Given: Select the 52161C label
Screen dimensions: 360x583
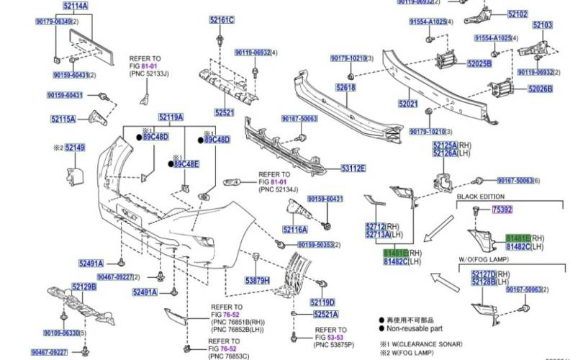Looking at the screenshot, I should click(222, 19).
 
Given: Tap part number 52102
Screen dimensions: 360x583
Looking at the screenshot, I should click(518, 14).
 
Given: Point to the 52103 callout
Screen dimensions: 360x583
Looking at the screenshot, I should click(543, 25).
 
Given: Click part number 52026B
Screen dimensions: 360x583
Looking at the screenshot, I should click(540, 89).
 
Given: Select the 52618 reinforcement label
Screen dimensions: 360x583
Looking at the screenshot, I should click(345, 88).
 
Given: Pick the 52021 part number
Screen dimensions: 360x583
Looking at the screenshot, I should click(408, 104).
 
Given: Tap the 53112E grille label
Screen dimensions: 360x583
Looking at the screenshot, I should click(353, 168).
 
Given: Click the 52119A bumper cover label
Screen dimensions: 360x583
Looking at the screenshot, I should click(171, 117).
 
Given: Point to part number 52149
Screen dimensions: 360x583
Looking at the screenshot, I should click(75, 148).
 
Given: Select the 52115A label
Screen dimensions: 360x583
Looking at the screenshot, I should click(63, 120).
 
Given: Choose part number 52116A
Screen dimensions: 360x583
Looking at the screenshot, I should click(295, 230).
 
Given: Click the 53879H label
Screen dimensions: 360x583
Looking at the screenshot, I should click(257, 280).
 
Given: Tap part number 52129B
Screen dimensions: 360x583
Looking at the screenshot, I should click(84, 287).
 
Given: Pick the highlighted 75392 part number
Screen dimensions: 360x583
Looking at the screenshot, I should click(502, 210).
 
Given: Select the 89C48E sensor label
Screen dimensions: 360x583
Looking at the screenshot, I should click(186, 164).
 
